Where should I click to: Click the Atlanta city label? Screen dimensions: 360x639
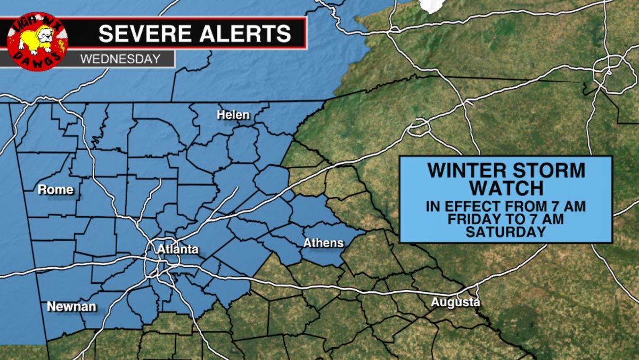pos(178,249)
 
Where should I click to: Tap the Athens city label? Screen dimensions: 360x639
pos(323,243)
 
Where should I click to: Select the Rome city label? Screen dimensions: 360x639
pos(55,190)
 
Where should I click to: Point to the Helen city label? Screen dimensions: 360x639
pos(233,115)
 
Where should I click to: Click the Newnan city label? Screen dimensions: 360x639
pos(72,307)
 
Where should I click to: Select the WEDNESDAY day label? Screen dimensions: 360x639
pos(120,59)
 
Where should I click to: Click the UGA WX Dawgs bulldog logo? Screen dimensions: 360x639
pos(37,42)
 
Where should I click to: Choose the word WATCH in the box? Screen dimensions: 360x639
pos(506,188)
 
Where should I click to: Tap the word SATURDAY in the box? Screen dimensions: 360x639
pos(505,232)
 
